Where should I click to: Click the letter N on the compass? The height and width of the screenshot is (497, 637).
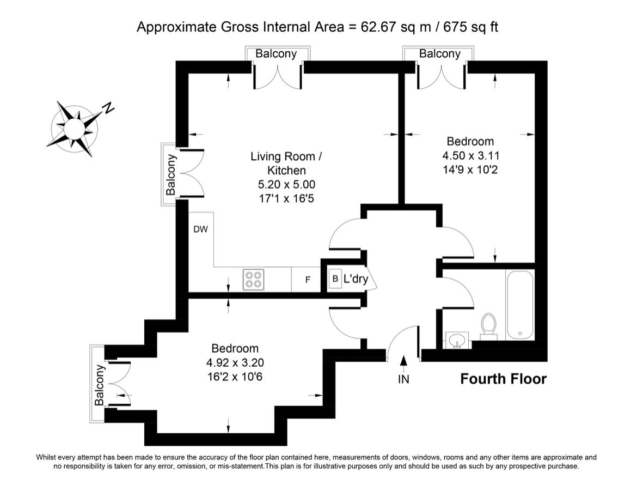pyautogui.click(x=108, y=108)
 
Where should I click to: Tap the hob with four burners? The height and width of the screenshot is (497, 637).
pyautogui.click(x=254, y=280)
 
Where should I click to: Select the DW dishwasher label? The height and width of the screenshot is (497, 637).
pyautogui.click(x=201, y=229)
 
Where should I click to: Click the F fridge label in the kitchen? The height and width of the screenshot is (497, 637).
pyautogui.click(x=308, y=280)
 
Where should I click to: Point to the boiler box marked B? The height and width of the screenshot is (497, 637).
pyautogui.click(x=335, y=278)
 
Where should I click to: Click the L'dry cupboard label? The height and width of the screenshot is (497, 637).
pyautogui.click(x=356, y=278)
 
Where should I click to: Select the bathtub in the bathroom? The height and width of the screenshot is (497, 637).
pyautogui.click(x=519, y=305)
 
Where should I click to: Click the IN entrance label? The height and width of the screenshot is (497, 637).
pyautogui.click(x=403, y=379)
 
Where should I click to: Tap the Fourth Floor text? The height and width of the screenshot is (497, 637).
pyautogui.click(x=504, y=379)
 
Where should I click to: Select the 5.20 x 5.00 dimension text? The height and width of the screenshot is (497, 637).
pyautogui.click(x=287, y=185)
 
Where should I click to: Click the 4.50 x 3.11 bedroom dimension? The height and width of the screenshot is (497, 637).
pyautogui.click(x=470, y=155)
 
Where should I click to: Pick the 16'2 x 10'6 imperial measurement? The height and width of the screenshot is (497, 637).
pyautogui.click(x=235, y=377)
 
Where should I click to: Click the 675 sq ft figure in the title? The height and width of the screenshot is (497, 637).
pyautogui.click(x=470, y=27)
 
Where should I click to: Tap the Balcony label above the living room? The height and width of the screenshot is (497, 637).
pyautogui.click(x=276, y=54)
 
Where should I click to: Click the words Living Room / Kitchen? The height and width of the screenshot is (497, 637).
pyautogui.click(x=286, y=163)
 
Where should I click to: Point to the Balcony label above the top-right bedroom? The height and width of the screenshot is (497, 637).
pyautogui.click(x=439, y=54)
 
